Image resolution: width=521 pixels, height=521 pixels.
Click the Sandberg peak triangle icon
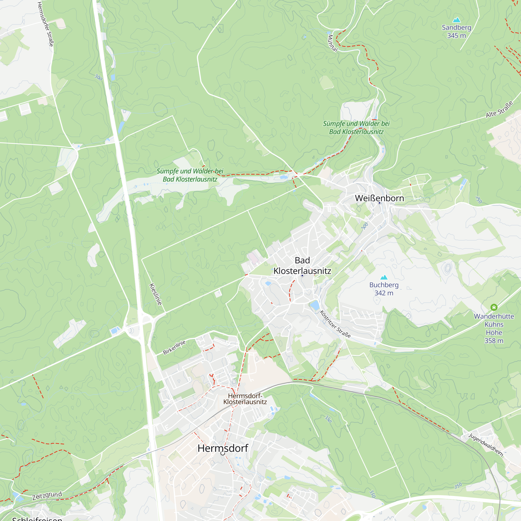coord(457,20)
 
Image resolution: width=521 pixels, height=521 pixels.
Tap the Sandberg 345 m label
coord(456,32)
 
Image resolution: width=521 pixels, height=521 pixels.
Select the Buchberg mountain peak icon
coord(384,277)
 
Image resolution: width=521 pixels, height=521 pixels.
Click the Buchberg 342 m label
coord(384,289)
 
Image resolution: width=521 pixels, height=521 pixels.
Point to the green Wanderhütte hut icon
coord(494,307)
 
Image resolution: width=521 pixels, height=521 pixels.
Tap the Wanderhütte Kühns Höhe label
coord(494,328)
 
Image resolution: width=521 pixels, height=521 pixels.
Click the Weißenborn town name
coord(380,198)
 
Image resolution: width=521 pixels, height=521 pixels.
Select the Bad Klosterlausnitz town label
coord(302,266)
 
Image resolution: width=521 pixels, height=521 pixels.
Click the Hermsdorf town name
coord(223,448)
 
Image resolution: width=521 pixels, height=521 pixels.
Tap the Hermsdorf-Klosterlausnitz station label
coord(245,399)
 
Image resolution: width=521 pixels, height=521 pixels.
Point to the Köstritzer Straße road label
coord(335,324)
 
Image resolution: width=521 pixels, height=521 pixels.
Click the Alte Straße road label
coord(499,109)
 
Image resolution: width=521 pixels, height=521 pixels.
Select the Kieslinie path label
coord(156,294)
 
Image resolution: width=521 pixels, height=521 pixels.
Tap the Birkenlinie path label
coord(174,347)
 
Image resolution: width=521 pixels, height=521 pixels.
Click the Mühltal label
coord(332,43)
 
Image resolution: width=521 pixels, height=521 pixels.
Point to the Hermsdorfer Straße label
coord(45,24)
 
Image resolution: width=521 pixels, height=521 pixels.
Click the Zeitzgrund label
coord(47,496)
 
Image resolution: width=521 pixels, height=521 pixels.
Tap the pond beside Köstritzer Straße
coord(314,305)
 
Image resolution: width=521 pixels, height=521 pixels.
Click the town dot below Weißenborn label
coord(380,203)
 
